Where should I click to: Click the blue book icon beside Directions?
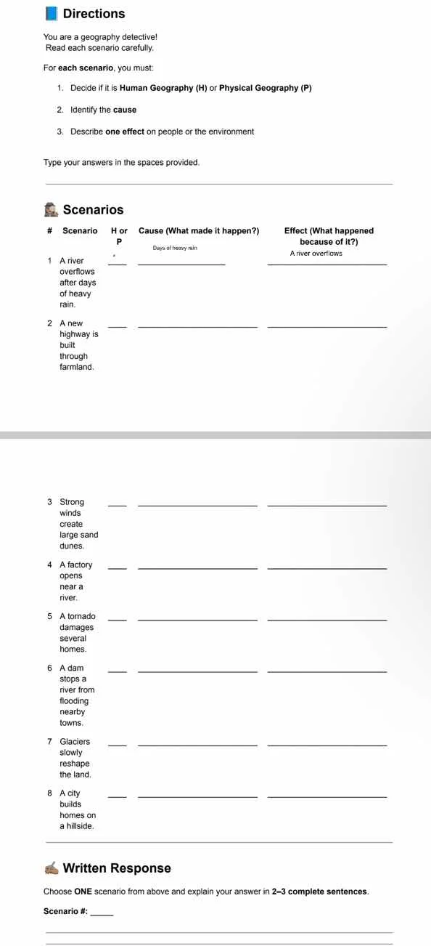51,14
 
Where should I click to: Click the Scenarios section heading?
93,210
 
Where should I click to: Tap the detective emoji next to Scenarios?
51,210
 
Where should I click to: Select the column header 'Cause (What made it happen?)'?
198,231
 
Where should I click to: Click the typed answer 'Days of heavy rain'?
175,248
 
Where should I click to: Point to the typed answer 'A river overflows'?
316,254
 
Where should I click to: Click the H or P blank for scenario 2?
117,326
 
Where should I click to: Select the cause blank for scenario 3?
197,505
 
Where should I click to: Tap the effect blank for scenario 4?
327,568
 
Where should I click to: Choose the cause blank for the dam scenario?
197,671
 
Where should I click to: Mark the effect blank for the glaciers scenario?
327,745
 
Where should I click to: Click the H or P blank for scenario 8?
117,796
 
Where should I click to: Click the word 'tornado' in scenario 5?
82,616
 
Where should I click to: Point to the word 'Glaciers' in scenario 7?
75,741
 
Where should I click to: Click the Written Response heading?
117,868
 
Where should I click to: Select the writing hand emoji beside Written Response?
51,868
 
